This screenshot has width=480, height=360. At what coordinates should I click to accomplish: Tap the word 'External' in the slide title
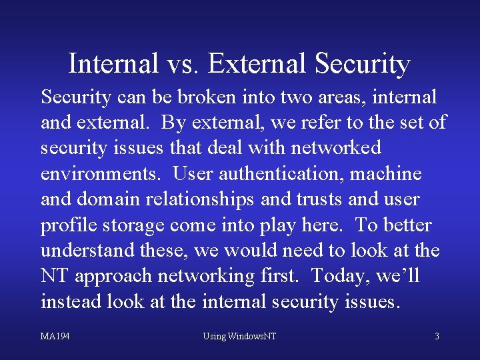tap(257, 64)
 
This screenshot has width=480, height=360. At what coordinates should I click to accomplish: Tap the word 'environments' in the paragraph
tap(99, 174)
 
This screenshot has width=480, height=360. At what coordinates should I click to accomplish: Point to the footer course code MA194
tap(55, 336)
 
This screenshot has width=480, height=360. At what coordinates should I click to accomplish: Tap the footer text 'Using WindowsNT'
tap(239, 336)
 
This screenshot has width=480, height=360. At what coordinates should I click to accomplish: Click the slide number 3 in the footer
tap(437, 336)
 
